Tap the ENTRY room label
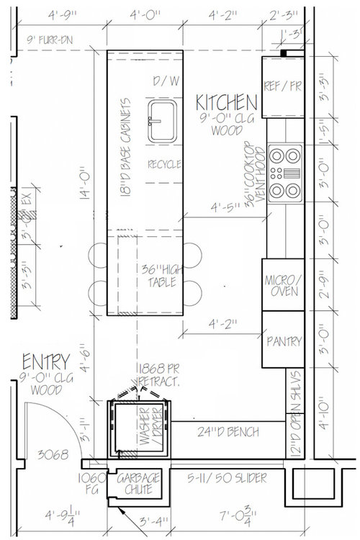[45, 360]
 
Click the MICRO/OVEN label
[282, 285]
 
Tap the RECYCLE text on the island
[164, 164]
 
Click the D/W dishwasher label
[166, 81]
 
